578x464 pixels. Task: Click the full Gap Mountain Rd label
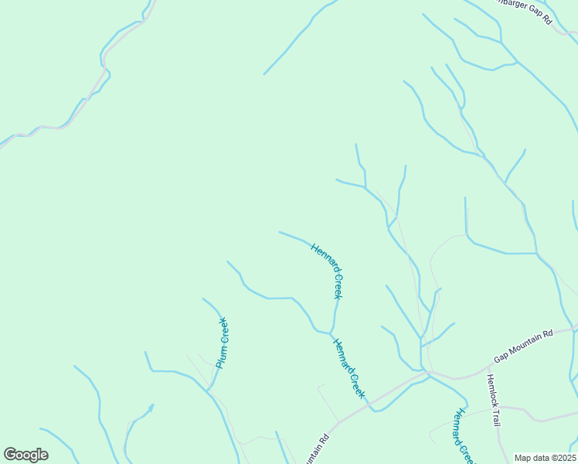pos(524,346)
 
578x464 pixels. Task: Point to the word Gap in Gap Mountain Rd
pos(501,358)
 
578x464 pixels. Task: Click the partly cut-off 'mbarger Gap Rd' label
pos(522,10)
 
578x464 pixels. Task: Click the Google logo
pos(25,455)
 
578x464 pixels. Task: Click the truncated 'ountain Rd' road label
pos(317,449)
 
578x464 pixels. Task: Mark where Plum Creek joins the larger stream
pos(207,390)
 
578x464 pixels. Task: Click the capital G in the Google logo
pos(10,454)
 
